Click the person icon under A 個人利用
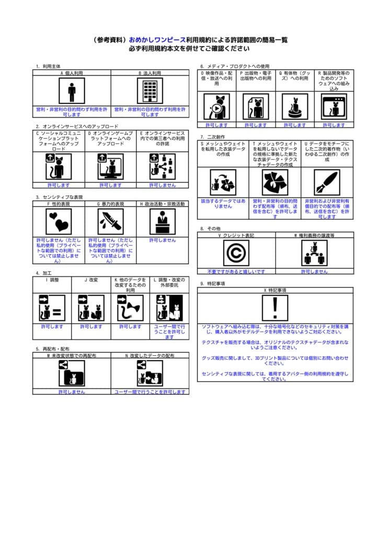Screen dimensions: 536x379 pyautogui.click(x=72, y=92)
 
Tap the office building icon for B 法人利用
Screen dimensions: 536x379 pyautogui.click(x=150, y=92)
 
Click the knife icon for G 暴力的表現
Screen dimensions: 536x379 pyautogui.click(x=111, y=222)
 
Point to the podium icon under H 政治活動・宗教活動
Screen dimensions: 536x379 pyautogui.click(x=163, y=222)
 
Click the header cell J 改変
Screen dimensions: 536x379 pyautogui.click(x=91, y=280)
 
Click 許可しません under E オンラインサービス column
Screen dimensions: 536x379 pyautogui.click(x=163, y=185)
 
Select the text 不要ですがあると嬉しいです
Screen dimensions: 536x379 pyautogui.click(x=236, y=272)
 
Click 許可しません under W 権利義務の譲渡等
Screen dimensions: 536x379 pyautogui.click(x=314, y=272)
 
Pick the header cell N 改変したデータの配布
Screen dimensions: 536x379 pyautogui.click(x=150, y=355)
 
